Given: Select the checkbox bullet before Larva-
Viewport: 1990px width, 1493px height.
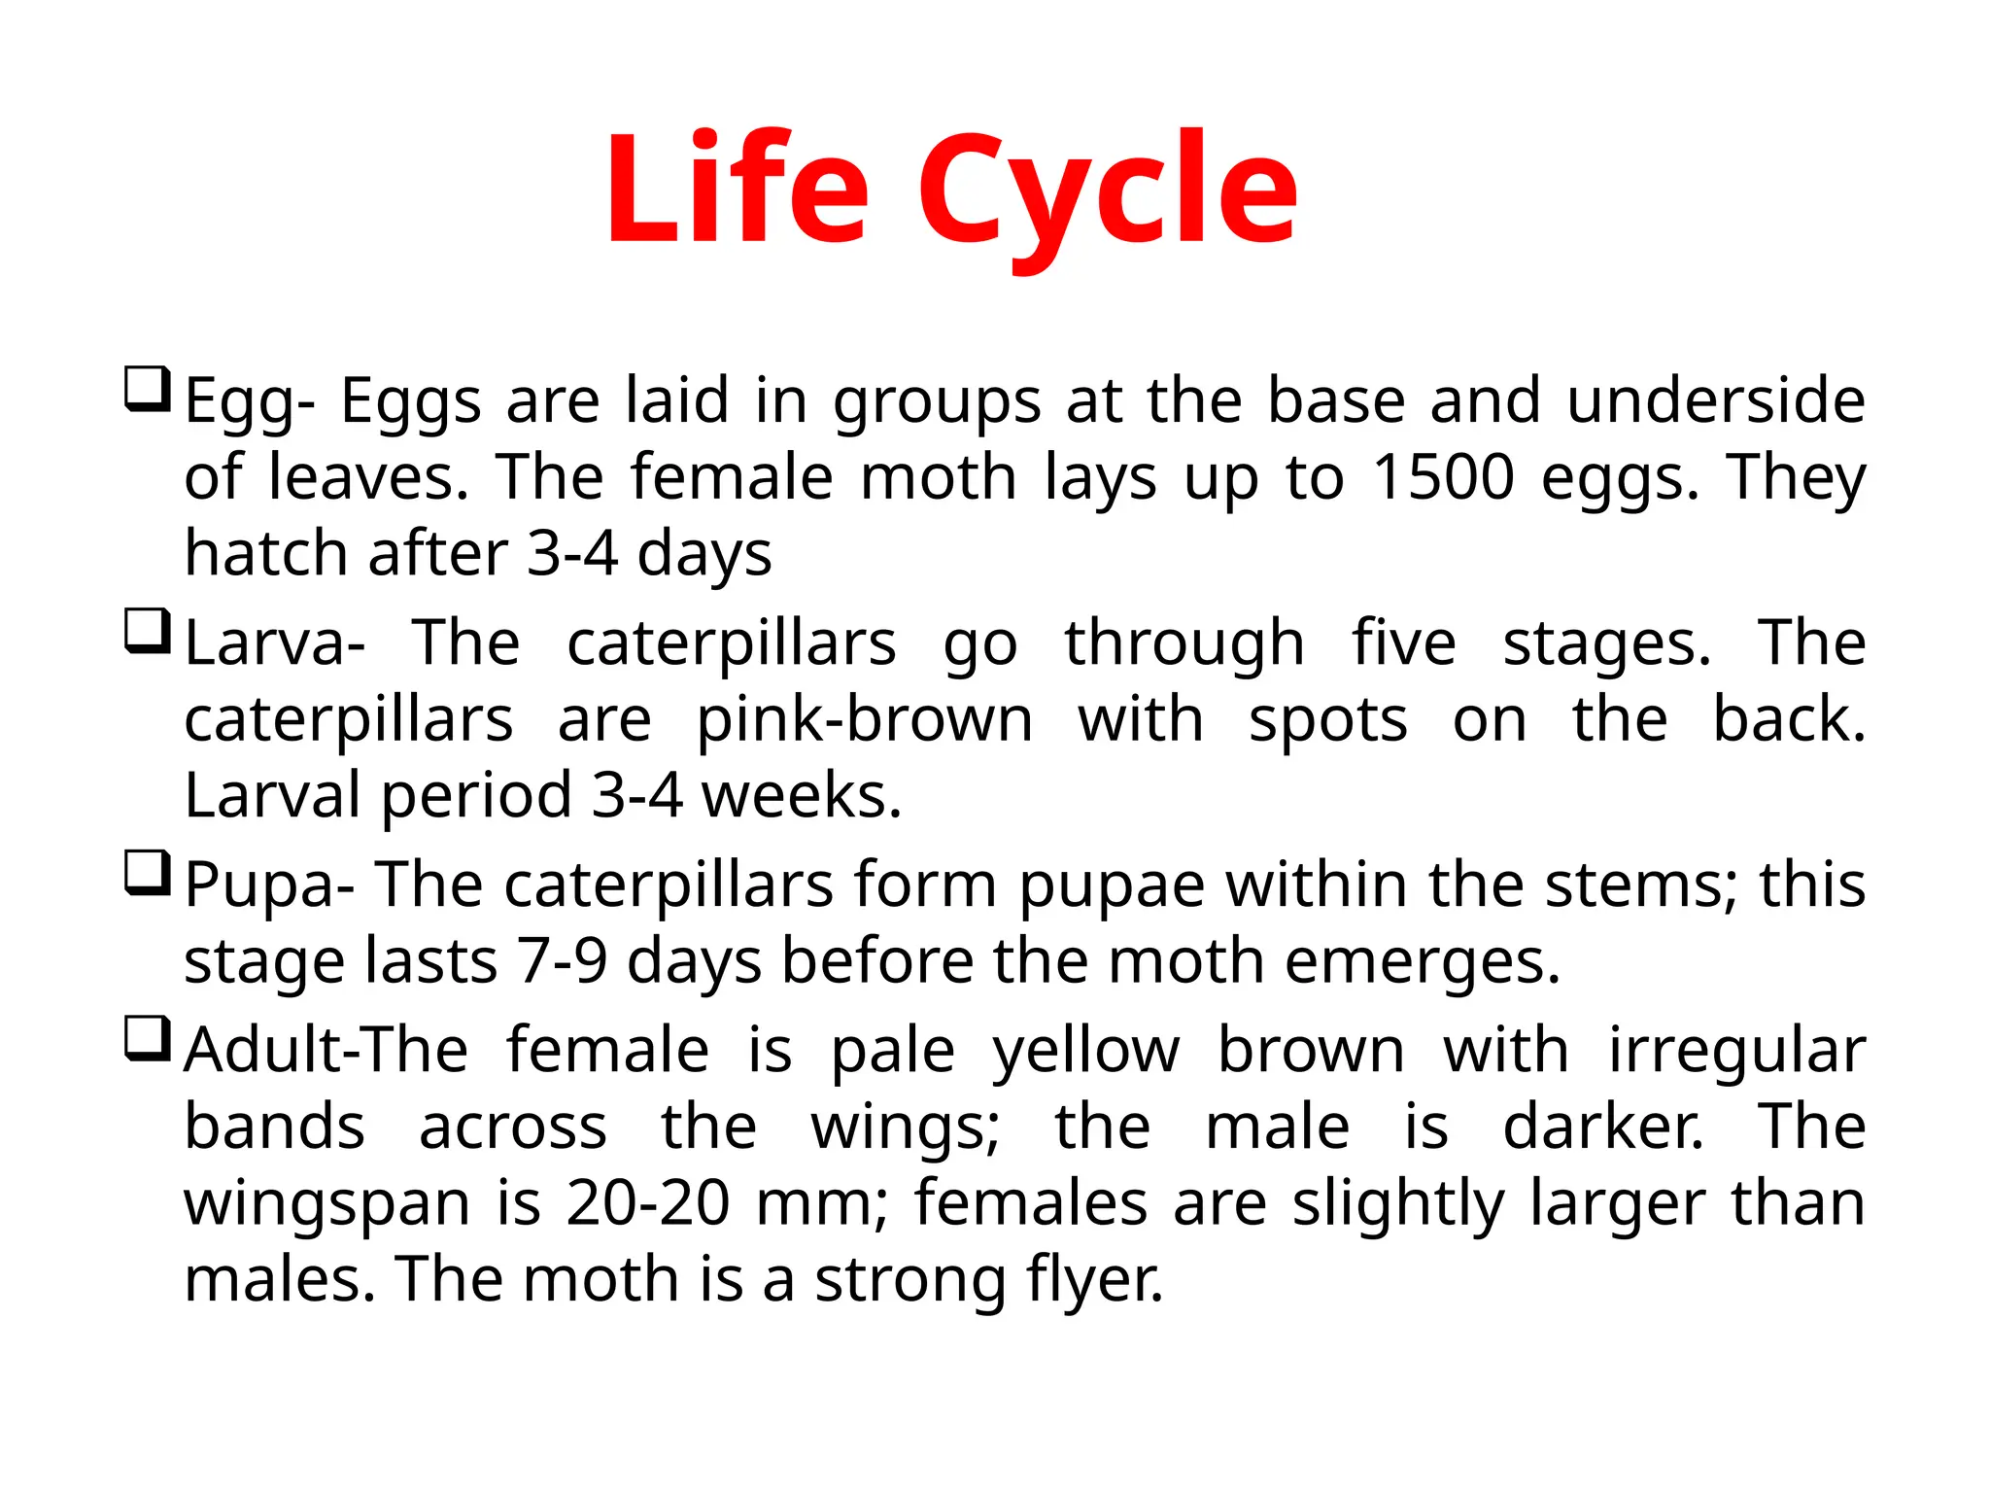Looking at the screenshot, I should tap(148, 632).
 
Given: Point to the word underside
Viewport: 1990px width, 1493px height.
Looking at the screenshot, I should tap(1715, 400).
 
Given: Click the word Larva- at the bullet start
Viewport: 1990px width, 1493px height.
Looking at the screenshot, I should tap(275, 643).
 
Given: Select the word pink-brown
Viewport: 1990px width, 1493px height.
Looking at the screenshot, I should tap(865, 720).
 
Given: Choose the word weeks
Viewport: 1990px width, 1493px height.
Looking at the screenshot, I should tap(802, 796).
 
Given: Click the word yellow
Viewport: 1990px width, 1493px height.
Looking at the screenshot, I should tap(1085, 1052).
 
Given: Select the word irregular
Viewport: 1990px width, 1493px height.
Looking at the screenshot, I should tap(1736, 1052).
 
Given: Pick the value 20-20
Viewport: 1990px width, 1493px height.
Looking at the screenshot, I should tap(647, 1203).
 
